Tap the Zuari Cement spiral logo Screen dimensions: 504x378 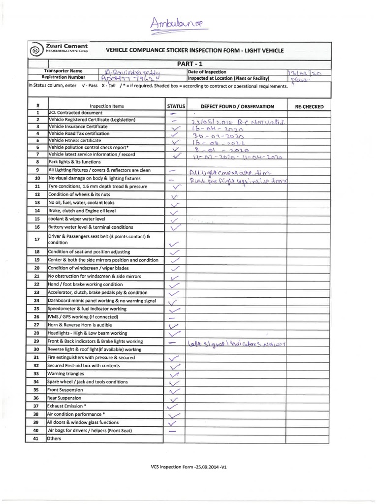tap(36, 50)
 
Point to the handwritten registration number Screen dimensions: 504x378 tap(126, 78)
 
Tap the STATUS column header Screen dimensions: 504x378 tap(175, 106)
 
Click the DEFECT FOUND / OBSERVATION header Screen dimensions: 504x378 tap(237, 106)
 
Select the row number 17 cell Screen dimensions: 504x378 tap(37, 240)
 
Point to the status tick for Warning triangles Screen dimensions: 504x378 tap(174, 374)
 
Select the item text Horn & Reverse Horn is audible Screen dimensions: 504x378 tap(82, 325)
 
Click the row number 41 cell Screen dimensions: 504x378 tap(37, 438)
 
